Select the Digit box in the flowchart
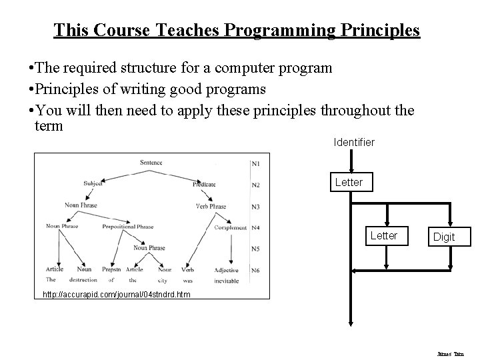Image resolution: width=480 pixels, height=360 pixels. pos(444,237)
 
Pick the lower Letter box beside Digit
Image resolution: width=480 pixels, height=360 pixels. pos(383,235)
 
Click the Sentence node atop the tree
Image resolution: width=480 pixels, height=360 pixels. pos(151,162)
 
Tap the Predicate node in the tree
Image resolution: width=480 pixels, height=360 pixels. pos(204,184)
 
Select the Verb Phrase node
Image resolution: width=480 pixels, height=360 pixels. pos(211,206)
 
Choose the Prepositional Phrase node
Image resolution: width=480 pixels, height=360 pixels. pos(128,227)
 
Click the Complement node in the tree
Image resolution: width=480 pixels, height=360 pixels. pos(231,227)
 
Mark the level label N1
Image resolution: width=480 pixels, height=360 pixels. pos(255,163)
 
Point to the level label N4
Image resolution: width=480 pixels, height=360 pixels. pos(255,227)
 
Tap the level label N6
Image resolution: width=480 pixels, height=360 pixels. pos(255,270)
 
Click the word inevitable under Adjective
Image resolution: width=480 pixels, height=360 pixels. pos(227,280)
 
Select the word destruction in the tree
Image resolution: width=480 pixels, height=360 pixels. pos(83,280)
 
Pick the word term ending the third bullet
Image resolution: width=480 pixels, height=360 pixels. pos(48,125)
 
